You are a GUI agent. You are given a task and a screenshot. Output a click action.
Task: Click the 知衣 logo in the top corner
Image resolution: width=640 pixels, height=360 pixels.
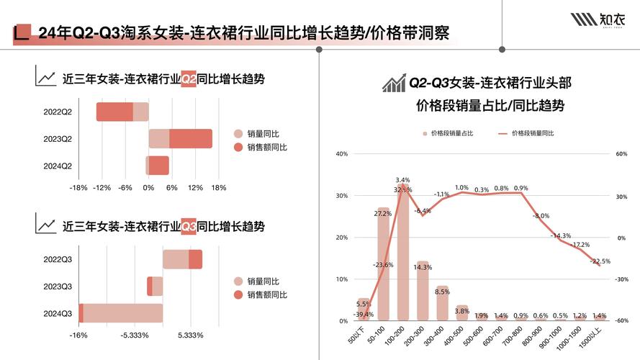pyautogui.click(x=599, y=19)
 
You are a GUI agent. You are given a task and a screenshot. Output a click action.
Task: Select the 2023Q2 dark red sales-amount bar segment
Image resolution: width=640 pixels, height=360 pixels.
pyautogui.click(x=191, y=138)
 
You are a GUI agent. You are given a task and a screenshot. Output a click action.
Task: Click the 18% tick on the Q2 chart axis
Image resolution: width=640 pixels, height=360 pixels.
pyautogui.click(x=218, y=188)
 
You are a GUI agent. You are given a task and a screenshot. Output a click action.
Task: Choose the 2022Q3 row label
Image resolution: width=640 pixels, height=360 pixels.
pyautogui.click(x=58, y=259)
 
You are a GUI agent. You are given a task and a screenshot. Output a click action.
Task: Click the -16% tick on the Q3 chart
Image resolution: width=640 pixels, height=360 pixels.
pyautogui.click(x=78, y=335)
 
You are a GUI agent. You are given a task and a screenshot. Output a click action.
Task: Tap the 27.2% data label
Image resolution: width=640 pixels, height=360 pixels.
pyautogui.click(x=383, y=214)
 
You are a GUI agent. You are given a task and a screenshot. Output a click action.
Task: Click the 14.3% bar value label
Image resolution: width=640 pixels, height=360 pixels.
pyautogui.click(x=423, y=268)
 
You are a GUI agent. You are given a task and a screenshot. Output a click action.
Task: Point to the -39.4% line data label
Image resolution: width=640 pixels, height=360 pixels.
pyautogui.click(x=364, y=314)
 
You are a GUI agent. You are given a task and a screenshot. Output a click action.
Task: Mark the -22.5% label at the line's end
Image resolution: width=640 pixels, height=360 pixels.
pyautogui.click(x=600, y=261)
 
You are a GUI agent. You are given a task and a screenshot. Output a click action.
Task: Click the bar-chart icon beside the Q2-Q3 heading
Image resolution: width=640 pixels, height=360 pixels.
pyautogui.click(x=393, y=84)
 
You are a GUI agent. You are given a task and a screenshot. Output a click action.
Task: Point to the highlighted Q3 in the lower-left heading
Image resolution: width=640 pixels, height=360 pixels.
pyautogui.click(x=189, y=226)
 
